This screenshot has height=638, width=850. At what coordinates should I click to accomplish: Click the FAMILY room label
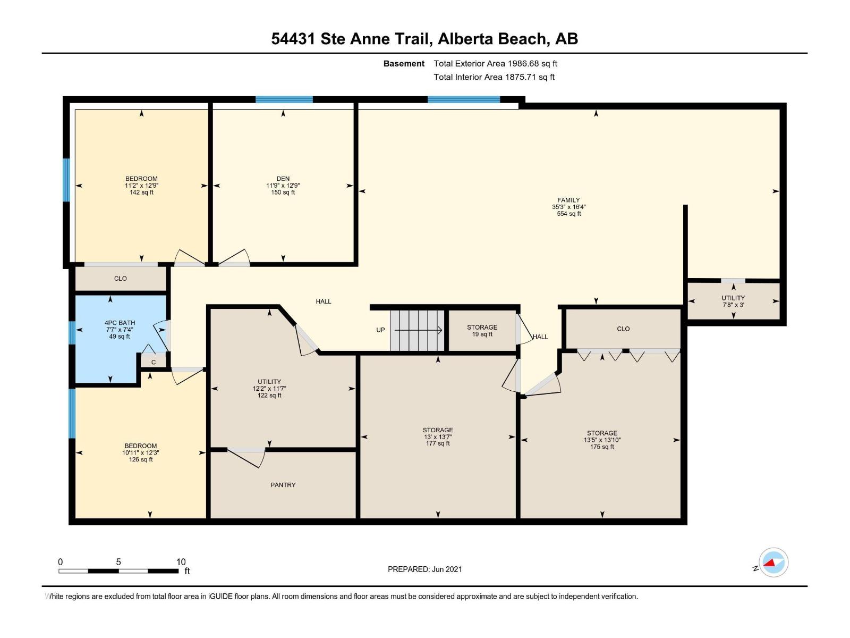568,200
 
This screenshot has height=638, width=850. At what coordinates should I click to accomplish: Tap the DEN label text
283,179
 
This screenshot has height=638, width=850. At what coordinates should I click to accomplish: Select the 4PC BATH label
120,323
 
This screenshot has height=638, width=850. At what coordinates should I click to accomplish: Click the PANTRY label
283,485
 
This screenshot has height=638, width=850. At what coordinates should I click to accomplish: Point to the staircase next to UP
417,331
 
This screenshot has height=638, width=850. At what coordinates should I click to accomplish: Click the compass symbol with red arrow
773,563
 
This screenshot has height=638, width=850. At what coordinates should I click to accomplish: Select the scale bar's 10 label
181,562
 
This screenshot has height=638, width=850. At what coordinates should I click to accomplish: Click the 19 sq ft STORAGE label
482,328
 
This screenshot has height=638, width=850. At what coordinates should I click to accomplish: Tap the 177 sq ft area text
438,443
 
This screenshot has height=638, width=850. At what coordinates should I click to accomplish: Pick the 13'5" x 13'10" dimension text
602,440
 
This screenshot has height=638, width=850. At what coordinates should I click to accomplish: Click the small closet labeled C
154,362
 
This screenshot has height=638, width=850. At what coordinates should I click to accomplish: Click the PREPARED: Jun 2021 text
424,569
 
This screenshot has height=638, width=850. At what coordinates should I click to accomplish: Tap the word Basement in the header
404,64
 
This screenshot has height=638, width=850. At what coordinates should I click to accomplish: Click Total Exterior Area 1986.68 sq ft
495,64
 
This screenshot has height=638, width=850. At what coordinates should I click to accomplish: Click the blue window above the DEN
284,99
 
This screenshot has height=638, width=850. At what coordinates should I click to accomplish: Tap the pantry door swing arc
247,458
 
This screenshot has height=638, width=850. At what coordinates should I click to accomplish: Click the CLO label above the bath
121,279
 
